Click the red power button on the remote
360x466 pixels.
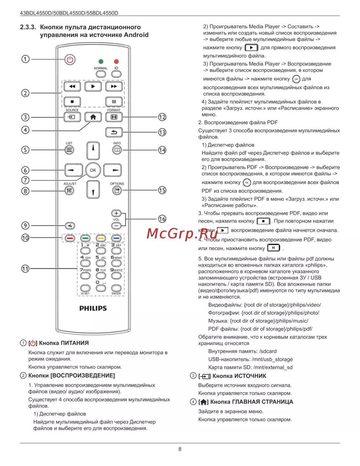pyautogui.click(x=70, y=59)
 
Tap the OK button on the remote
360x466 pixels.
pyautogui.click(x=93, y=170)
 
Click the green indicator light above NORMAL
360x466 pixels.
pyautogui.click(x=101, y=62)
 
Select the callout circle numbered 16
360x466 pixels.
pyautogui.click(x=162, y=219)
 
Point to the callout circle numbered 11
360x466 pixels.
pyautogui.click(x=25, y=269)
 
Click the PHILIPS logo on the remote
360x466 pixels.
pyautogui.click(x=93, y=308)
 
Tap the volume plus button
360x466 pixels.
pyautogui.click(x=116, y=213)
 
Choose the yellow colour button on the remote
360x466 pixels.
pyautogui.click(x=101, y=238)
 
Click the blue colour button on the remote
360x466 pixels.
pyautogui.click(x=116, y=238)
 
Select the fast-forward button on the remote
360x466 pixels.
pyautogui.click(x=114, y=86)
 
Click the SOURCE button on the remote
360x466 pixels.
pyautogui.click(x=72, y=117)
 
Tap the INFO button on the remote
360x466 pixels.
pyautogui.click(x=117, y=150)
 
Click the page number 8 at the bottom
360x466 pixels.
pyautogui.click(x=180, y=449)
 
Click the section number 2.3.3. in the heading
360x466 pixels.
pyautogui.click(x=28, y=27)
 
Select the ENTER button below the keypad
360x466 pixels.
pyautogui.click(x=116, y=288)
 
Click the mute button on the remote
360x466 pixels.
pyautogui.click(x=70, y=226)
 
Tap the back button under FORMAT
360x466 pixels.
pyautogui.click(x=114, y=132)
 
